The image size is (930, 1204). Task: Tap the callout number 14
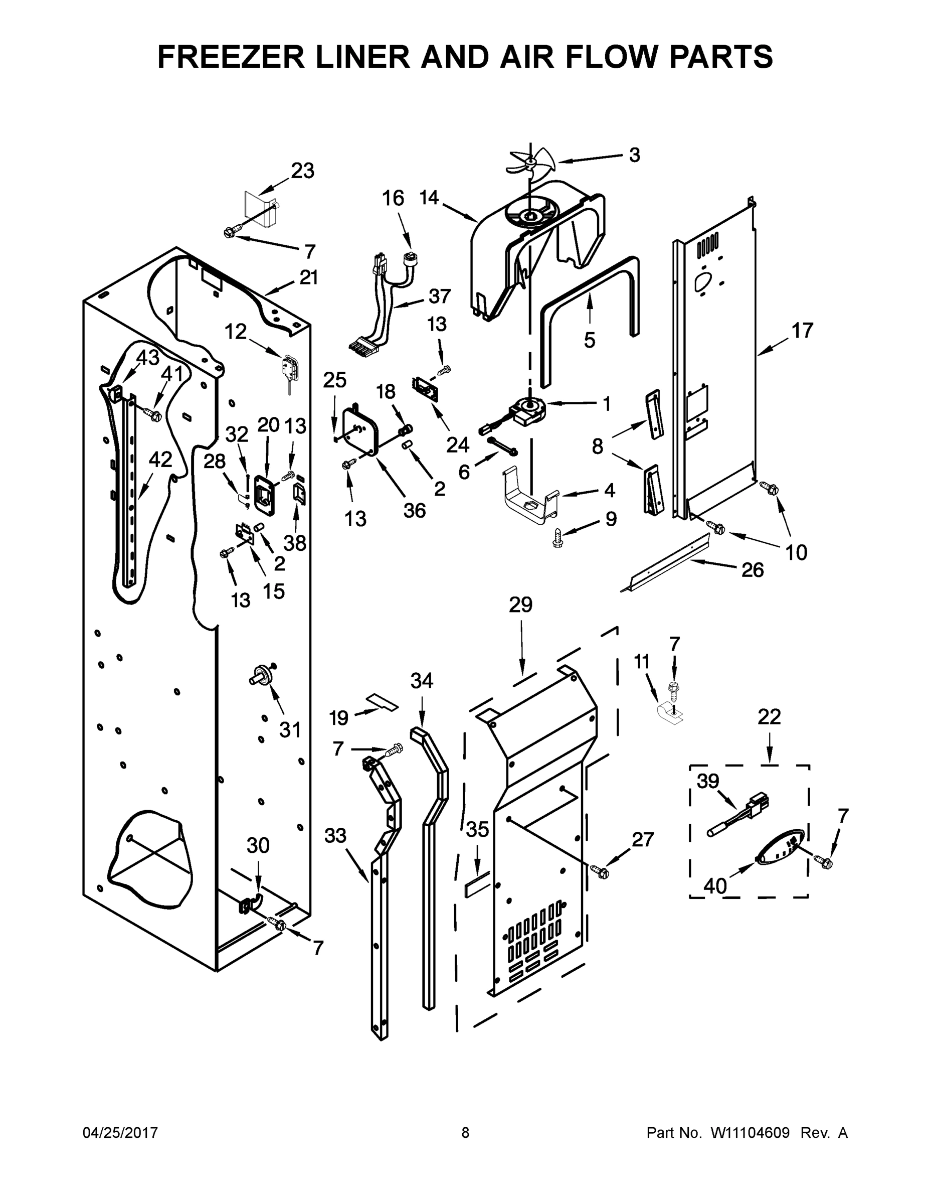(x=429, y=197)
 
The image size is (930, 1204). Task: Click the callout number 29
(x=520, y=605)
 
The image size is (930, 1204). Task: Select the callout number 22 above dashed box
(x=769, y=717)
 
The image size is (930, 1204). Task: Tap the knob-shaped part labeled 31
(x=263, y=674)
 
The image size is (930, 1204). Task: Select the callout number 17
(x=802, y=331)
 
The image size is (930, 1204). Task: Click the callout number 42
(x=160, y=459)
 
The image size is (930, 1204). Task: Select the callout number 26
(x=752, y=569)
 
